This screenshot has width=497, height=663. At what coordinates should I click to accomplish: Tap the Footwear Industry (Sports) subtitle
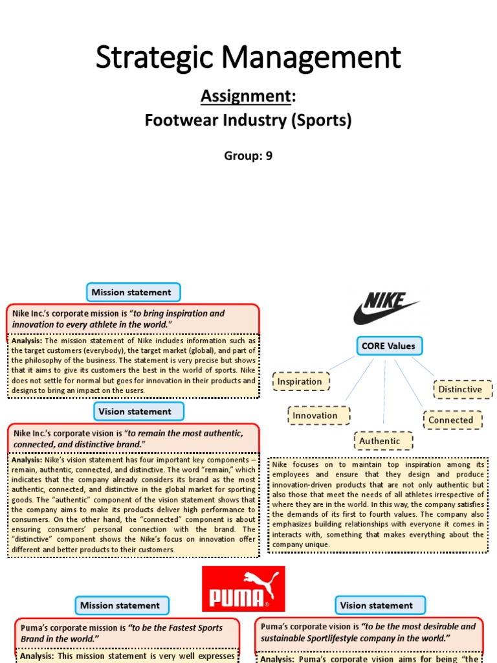coord(248,120)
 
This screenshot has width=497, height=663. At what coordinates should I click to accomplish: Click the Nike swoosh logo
coord(386,308)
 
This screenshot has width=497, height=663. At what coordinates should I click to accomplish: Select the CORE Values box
coord(388,346)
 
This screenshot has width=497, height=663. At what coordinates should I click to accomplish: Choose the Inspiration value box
coord(300,381)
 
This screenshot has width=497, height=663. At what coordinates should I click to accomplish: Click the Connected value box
coord(451,420)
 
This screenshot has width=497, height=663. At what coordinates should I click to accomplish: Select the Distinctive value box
coord(460,389)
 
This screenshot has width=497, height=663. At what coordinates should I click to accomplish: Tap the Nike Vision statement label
coord(135,411)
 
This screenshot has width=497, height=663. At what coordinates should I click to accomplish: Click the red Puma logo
coord(243,589)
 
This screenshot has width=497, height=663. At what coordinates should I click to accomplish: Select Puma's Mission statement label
coord(120,605)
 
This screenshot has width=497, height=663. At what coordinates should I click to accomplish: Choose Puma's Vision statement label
coord(376,605)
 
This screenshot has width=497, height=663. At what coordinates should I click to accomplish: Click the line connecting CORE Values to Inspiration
coord(342,364)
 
